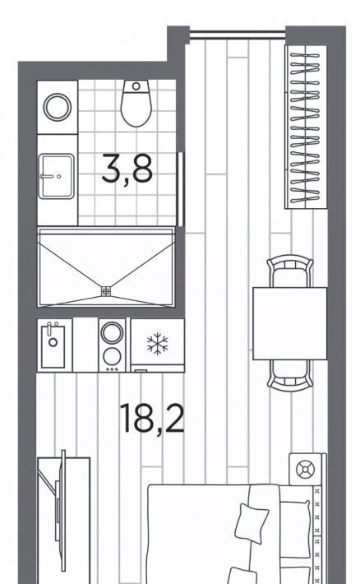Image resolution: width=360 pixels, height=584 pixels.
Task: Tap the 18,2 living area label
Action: (152, 419)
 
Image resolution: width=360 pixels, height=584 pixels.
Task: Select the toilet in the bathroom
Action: (136, 103)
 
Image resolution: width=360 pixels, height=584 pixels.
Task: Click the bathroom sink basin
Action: (56, 176)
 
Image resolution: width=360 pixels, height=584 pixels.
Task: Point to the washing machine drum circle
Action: (58, 107)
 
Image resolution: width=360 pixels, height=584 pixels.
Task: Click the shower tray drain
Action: (106, 291)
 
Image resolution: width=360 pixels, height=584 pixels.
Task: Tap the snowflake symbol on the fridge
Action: (158, 343)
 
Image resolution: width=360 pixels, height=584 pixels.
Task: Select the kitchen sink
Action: (53, 345)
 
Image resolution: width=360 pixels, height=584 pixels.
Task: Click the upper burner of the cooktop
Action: (112, 332)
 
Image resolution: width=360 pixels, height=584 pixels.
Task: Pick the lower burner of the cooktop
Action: (112, 356)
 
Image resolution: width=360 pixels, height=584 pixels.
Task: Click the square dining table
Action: (289, 323)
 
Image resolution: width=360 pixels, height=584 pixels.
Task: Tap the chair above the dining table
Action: (289, 271)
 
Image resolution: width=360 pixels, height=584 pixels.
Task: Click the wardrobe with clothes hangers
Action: (306, 127)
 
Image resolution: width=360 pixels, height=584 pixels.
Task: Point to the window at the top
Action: (238, 35)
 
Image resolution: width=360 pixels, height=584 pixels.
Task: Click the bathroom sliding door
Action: (181, 189)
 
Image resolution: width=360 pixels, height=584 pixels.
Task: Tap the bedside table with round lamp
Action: (305, 469)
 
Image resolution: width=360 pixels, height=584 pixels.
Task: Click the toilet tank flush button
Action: (136, 86)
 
